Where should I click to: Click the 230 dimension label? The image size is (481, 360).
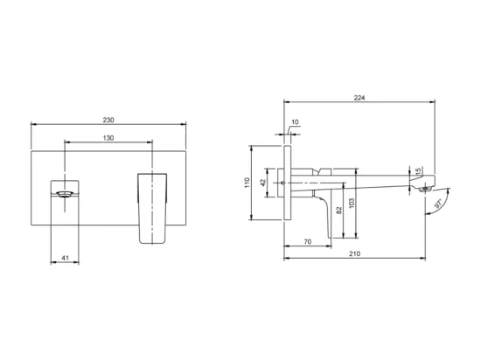(x=108, y=120)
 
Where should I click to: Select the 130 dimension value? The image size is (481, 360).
(x=108, y=138)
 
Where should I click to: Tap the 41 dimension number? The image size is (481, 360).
(x=66, y=258)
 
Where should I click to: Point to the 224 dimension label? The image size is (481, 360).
(x=359, y=98)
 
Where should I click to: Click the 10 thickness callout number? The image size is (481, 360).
(x=295, y=122)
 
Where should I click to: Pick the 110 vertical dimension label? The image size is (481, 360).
(x=247, y=183)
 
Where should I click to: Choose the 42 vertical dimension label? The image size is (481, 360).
(x=263, y=183)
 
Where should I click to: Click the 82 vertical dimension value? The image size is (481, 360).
(x=339, y=211)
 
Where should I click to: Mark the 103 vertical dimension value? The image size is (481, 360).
(x=352, y=203)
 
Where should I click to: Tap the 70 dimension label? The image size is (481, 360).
(x=308, y=242)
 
